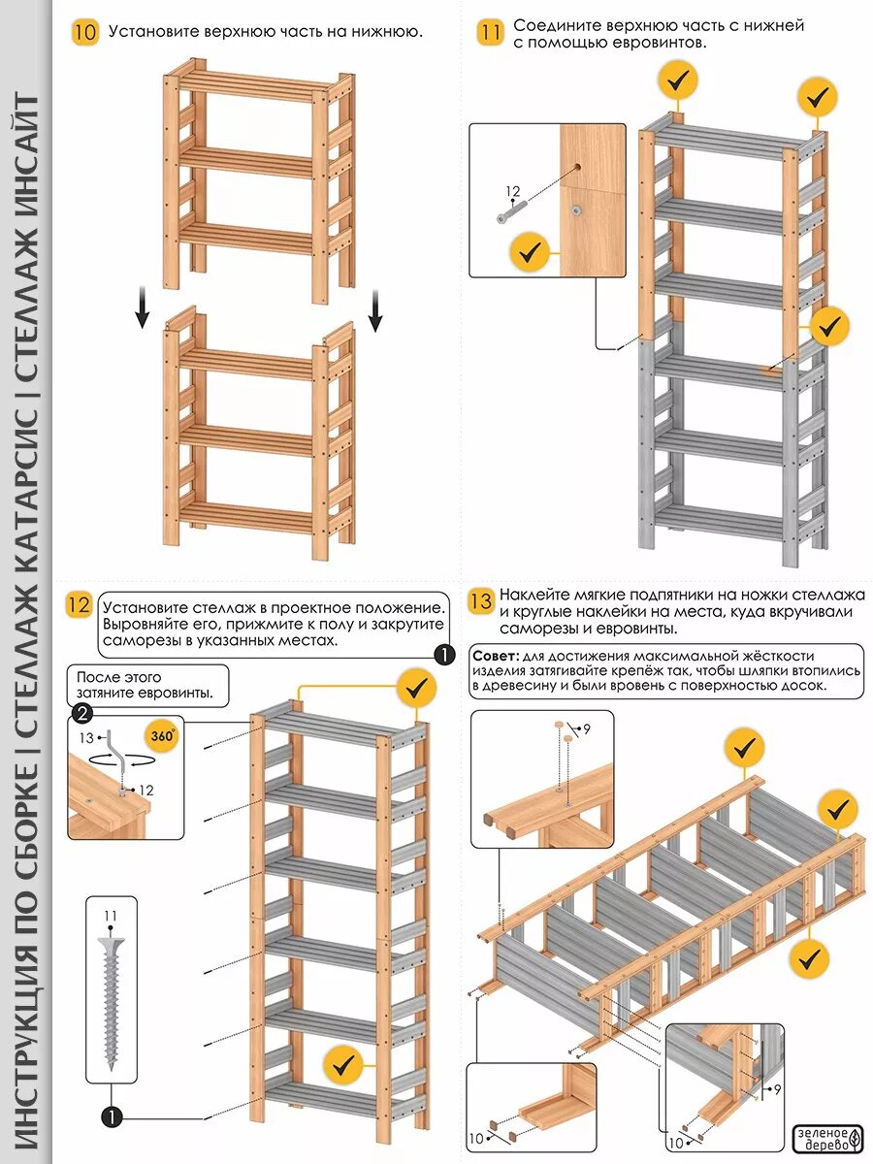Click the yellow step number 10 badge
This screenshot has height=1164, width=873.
coord(85,32)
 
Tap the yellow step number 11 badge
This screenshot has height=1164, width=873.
coord(491,33)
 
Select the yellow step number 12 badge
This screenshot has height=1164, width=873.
coord(79,606)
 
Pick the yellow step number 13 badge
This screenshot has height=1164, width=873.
coord(480,600)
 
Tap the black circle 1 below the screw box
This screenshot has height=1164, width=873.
coord(111,1117)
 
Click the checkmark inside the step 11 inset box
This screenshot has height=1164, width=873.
coord(531,253)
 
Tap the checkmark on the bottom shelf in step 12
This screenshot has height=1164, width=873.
coord(343,1064)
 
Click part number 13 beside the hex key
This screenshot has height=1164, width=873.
coord(86,737)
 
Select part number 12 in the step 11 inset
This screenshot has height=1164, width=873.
coord(513,192)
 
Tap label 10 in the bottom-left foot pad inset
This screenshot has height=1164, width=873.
coord(475,1138)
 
